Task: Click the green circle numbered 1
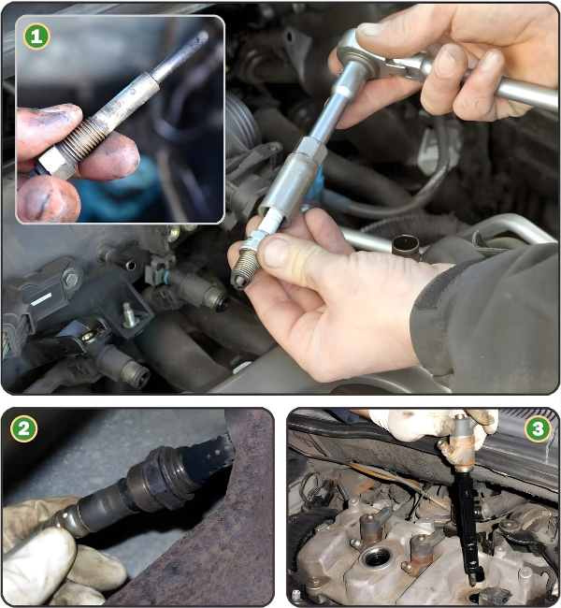(x=36, y=36)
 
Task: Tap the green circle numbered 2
(x=23, y=428)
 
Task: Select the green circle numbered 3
(x=538, y=428)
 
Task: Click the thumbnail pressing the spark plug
(x=275, y=253)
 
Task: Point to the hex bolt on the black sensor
(x=71, y=279)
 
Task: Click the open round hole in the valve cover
(x=376, y=557)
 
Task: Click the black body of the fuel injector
(x=468, y=524)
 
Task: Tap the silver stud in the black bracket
(x=129, y=315)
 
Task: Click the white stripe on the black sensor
(x=41, y=299)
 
